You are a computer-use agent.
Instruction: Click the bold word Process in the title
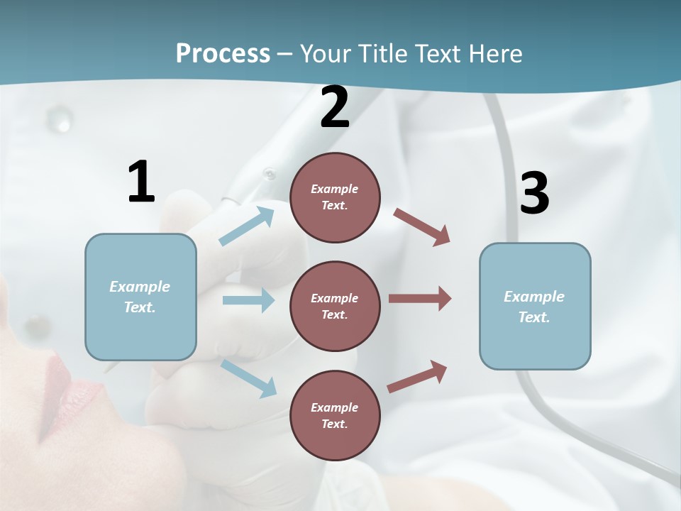tap(223, 54)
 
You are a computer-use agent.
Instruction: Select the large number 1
tap(141, 182)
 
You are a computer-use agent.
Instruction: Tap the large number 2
tap(335, 108)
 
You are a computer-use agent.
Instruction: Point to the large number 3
tap(534, 193)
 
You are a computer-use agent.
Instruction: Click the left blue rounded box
tap(140, 297)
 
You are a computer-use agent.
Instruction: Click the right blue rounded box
tap(535, 307)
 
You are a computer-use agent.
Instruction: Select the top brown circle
tap(335, 197)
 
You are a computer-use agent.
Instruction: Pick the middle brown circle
tap(335, 306)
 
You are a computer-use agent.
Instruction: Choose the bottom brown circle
tap(335, 415)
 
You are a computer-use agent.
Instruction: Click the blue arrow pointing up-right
tap(247, 226)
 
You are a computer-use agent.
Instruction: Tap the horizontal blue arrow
tap(248, 300)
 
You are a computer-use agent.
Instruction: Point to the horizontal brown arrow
tap(420, 299)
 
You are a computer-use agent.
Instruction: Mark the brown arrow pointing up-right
tap(417, 377)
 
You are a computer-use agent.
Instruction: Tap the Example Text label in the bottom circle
tap(335, 415)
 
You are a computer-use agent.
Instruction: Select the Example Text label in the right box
tap(535, 307)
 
